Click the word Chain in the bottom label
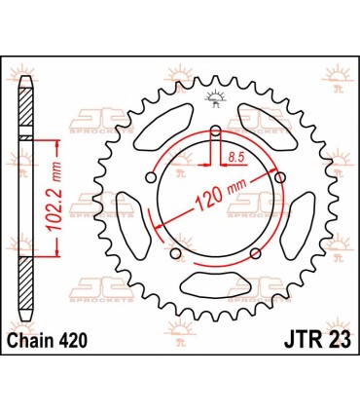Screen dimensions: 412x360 [x=29, y=338]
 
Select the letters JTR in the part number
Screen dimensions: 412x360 [x=299, y=338]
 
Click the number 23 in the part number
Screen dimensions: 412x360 [x=337, y=338]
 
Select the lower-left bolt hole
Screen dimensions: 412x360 [x=176, y=254]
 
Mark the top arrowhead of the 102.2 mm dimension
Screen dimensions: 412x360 [x=61, y=142]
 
